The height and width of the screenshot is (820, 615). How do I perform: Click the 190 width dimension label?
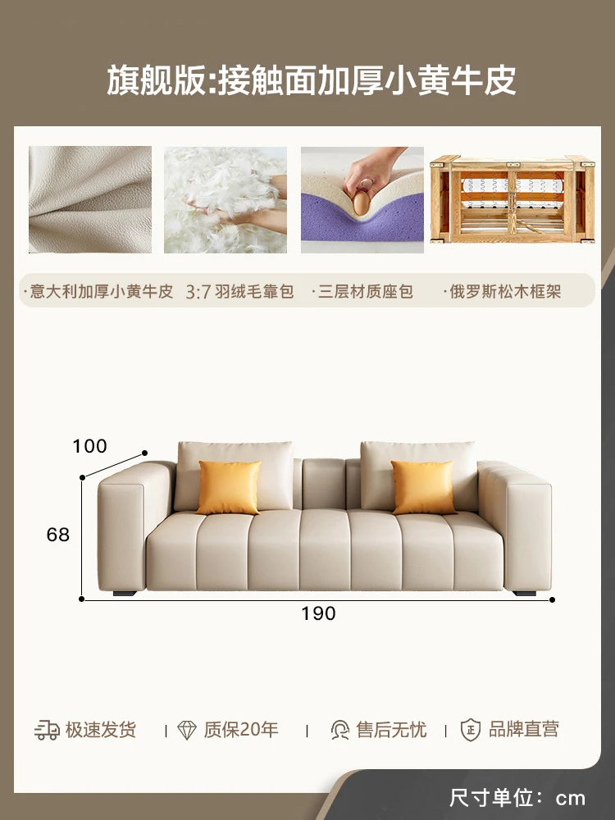click(318, 613)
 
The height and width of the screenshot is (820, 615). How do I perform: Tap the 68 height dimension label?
click(58, 535)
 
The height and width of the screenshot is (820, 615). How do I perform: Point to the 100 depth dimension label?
click(89, 446)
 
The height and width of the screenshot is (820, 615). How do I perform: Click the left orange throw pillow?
click(229, 487)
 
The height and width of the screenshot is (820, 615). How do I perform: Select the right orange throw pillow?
click(423, 487)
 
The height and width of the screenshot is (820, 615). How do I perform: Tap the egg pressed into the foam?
click(362, 203)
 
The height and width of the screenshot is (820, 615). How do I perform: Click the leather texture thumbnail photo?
click(90, 200)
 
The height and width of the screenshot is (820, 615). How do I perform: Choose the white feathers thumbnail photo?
click(225, 200)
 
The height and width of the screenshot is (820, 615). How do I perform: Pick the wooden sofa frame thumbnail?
click(512, 199)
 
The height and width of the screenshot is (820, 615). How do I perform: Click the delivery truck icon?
click(47, 730)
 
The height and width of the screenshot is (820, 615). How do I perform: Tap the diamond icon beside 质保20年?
click(187, 730)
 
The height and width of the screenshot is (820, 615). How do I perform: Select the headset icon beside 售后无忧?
click(340, 730)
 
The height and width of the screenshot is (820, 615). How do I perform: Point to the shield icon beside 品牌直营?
click(470, 730)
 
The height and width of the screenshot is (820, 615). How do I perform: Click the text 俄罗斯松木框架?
click(505, 291)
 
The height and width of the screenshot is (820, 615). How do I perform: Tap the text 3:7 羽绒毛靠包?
click(239, 291)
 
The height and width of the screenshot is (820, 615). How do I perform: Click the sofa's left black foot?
click(125, 594)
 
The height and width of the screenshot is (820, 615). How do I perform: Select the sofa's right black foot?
click(525, 594)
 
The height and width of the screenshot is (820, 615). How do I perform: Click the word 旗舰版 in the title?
click(157, 80)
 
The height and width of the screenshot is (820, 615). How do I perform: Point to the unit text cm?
click(570, 799)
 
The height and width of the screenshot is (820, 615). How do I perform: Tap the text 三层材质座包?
click(366, 291)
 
